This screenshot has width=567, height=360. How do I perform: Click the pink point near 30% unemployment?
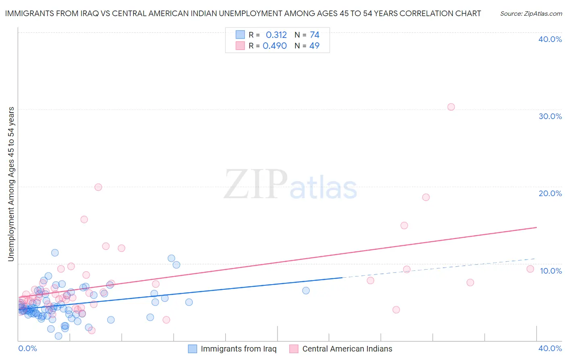451,107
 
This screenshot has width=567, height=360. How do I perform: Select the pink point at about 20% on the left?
98,187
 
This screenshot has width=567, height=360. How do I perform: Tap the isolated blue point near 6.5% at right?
306,291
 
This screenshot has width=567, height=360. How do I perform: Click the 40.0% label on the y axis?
550,39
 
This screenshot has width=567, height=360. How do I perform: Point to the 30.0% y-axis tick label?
550,116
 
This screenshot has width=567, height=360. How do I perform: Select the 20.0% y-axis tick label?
550,193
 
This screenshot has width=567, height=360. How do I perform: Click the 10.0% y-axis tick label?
550,271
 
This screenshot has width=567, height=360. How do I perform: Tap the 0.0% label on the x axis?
27,348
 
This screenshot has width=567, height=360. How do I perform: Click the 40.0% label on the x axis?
550,348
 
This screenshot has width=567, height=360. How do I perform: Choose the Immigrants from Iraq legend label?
238,349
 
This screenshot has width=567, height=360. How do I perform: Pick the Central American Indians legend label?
347,349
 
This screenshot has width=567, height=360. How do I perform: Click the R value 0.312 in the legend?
276,35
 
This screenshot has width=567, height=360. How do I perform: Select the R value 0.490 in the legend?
275,46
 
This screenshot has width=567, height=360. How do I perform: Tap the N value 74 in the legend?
315,35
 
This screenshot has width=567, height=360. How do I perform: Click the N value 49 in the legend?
314,46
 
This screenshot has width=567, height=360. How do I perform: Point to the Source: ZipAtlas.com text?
531,14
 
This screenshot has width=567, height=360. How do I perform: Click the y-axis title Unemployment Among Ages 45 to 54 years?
11,184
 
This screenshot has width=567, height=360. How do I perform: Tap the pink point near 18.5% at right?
426,197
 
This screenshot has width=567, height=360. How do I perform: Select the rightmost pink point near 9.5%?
530,269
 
